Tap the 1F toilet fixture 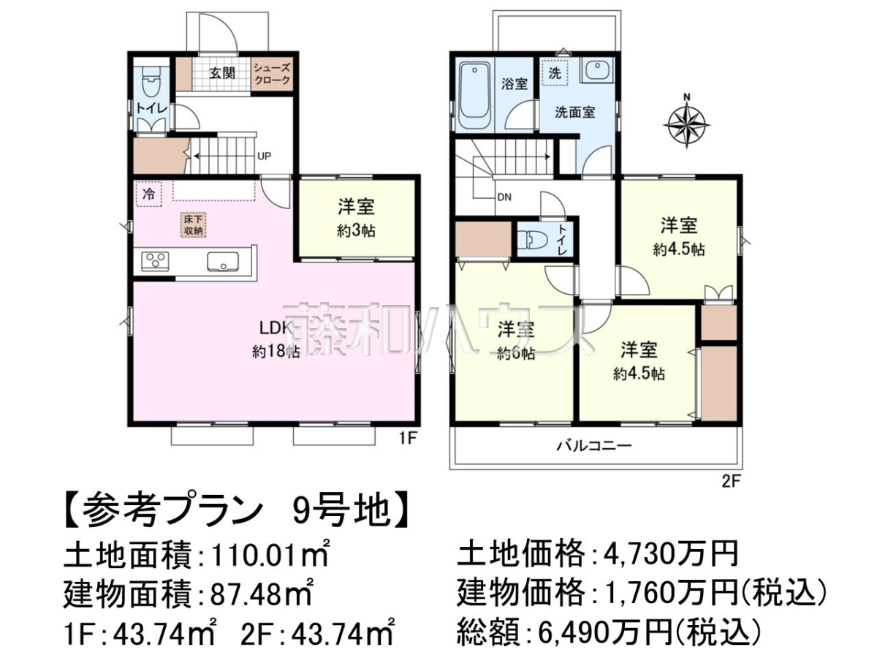coord(151,83)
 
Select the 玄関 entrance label coord(222,73)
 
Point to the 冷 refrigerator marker coord(149,194)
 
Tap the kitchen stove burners coord(155,261)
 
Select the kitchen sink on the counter coord(223,262)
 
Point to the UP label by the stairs coord(264,156)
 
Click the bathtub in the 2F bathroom coord(474,95)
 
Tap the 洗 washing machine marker coord(555,73)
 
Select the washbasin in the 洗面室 coord(597,71)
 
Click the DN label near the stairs coord(504,197)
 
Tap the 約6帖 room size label coord(516,353)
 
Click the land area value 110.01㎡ coord(270,553)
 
